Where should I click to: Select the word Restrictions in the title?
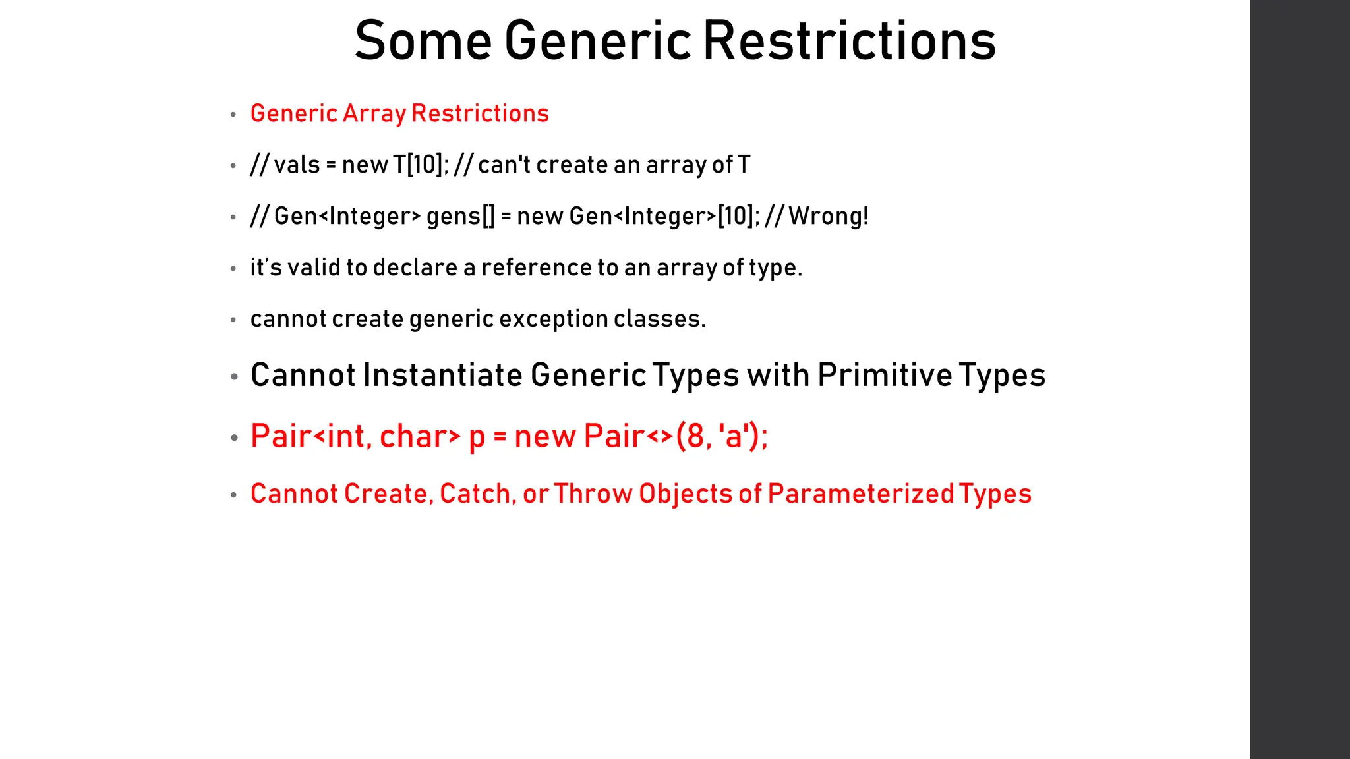click(849, 41)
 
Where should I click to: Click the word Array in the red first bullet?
click(374, 114)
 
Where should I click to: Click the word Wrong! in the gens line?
click(829, 216)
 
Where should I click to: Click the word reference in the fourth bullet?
click(536, 267)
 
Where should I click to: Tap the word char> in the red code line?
click(420, 436)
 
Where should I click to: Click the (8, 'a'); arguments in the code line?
click(722, 436)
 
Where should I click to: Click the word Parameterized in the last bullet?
click(861, 494)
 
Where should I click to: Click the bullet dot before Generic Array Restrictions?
click(233, 115)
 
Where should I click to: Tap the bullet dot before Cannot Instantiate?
click(234, 377)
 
